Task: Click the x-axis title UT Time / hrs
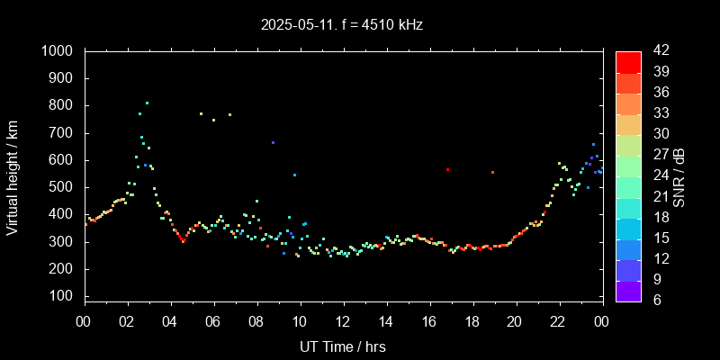pos(343,346)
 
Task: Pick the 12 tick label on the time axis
pos(343,321)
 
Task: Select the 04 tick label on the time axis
pos(170,321)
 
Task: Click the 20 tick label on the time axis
pos(515,321)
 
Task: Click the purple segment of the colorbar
pos(628,291)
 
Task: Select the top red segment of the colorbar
pos(628,61)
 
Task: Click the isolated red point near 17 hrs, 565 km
pos(447,169)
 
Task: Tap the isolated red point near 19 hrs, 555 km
pos(492,172)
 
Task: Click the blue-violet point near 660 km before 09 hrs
pos(273,142)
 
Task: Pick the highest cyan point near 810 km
pos(147,103)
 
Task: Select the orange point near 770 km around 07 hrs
pos(229,114)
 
